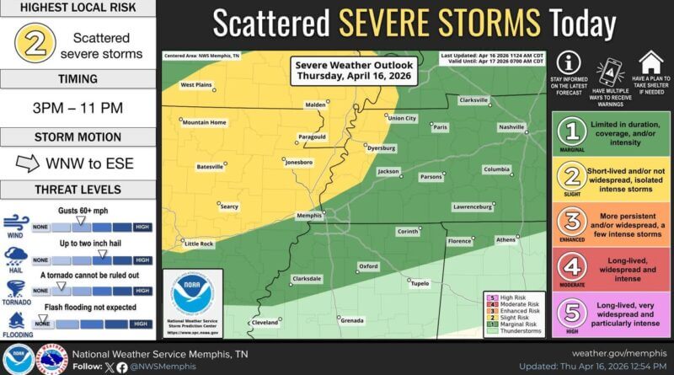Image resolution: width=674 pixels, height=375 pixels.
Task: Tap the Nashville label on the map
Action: [511, 126]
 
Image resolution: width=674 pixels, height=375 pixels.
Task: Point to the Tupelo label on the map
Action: [419, 284]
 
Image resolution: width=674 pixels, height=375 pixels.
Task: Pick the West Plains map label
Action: [196, 84]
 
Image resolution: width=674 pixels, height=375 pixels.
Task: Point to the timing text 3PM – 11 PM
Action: [77, 110]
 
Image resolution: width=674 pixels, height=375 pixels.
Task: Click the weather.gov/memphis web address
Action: [618, 353]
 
